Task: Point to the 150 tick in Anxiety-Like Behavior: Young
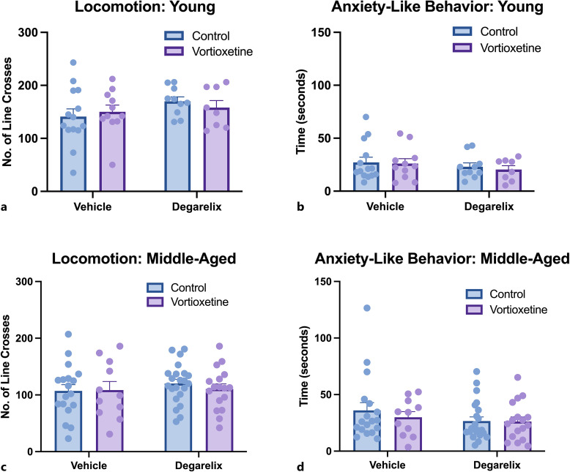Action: tap(321, 33)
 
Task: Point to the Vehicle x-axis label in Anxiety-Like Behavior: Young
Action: tap(386, 206)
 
